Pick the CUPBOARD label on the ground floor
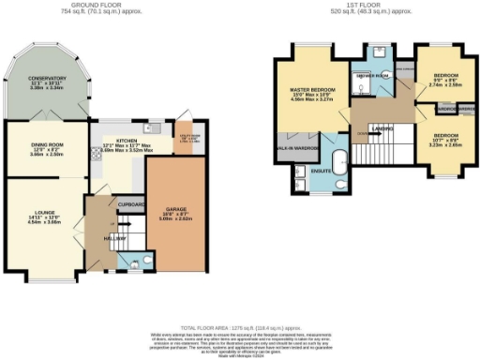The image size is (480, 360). [x=131, y=203]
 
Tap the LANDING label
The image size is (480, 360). [x=382, y=127]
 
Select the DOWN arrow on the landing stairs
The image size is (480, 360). [x=363, y=134]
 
